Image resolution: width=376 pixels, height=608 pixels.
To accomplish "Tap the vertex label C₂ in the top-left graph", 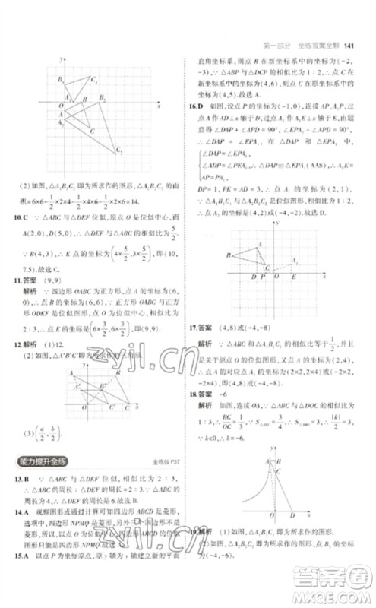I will pyautogui.click(x=120, y=153).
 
